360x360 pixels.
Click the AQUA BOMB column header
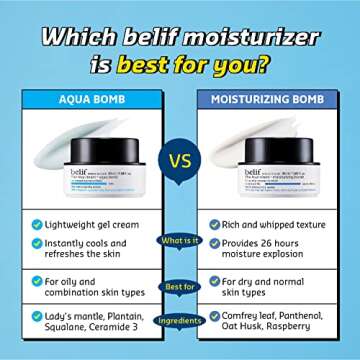[x=94, y=100]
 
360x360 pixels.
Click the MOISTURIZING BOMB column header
[x=266, y=100]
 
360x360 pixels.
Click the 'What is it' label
[x=180, y=239]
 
